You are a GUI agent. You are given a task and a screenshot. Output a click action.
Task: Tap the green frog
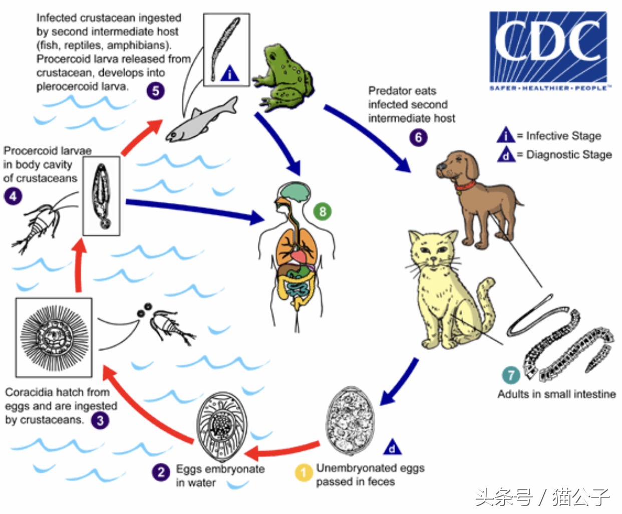coord(283,78)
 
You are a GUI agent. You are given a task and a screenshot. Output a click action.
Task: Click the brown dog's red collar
coord(465,186)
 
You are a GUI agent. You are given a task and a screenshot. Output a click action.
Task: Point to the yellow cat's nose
coord(433,259)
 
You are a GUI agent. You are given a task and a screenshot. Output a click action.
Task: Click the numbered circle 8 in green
coord(323,211)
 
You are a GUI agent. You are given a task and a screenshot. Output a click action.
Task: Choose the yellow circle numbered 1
coord(303,472)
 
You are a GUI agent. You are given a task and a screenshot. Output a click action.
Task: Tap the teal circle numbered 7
coord(511,375)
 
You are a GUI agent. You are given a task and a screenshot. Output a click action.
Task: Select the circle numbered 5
coord(155,91)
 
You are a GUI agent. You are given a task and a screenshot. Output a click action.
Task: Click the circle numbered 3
coord(100,420)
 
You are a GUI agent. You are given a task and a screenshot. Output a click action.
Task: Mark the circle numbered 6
coord(418,137)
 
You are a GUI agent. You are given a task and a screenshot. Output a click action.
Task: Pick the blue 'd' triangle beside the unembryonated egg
coord(392,447)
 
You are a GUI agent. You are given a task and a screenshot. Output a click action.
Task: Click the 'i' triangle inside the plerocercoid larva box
coord(230,73)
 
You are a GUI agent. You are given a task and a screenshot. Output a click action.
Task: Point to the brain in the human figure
coord(295,192)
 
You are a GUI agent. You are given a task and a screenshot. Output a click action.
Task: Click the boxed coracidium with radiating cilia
coord(54,338)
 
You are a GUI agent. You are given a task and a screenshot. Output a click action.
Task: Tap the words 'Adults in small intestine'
coord(556,394)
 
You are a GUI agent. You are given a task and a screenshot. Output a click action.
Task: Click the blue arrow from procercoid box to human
coord(195,209)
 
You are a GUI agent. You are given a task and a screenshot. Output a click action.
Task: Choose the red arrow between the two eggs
coord(282,450)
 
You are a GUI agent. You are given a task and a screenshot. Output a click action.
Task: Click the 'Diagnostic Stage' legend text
coord(569,154)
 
